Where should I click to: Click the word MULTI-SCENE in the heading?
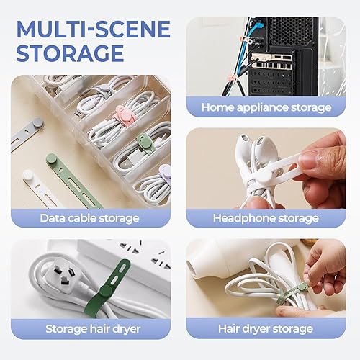93,30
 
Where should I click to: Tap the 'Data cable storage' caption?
89,217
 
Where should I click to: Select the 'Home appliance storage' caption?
266,107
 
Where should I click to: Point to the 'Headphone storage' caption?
266,217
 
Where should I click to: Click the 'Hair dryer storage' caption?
266,329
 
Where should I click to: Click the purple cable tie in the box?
165,173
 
